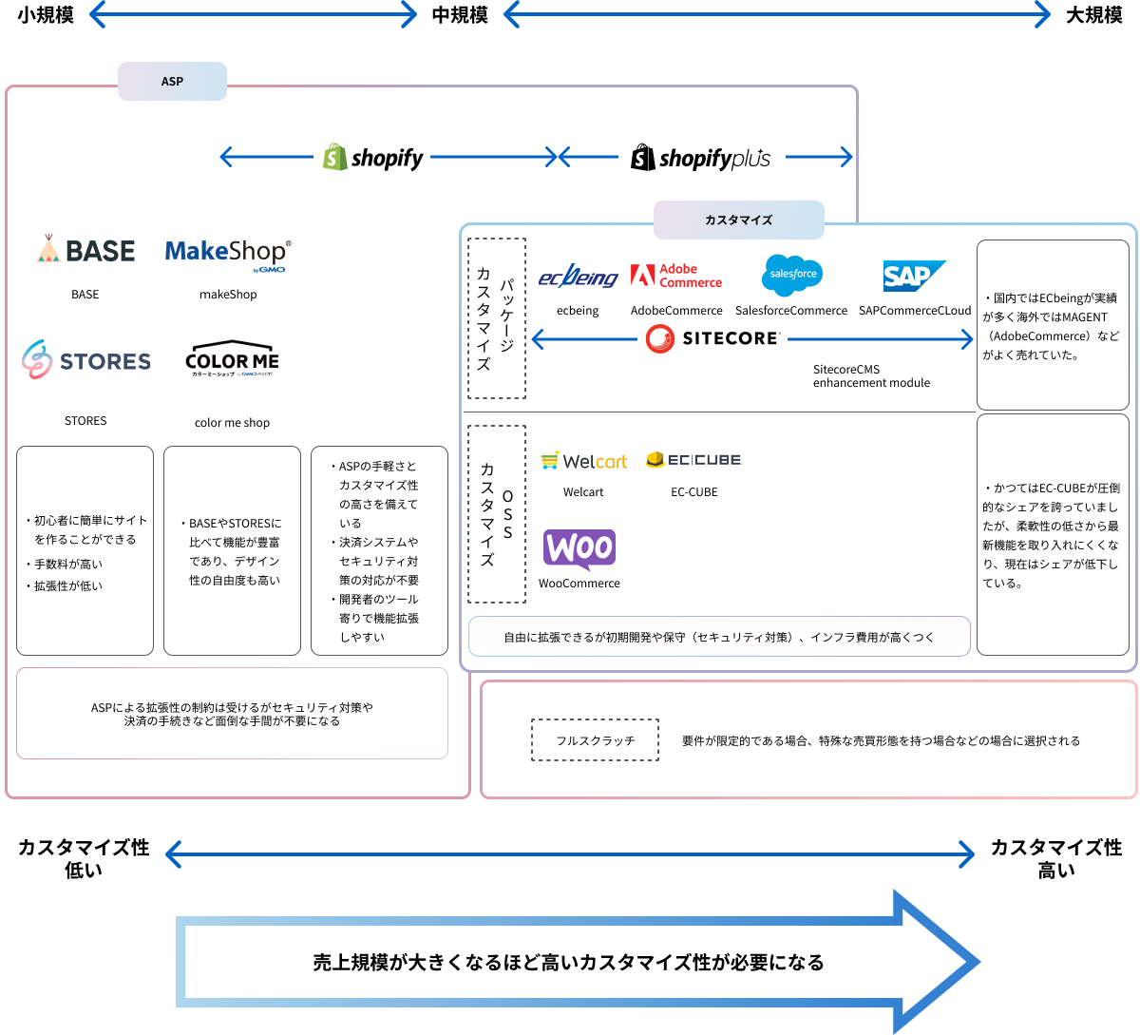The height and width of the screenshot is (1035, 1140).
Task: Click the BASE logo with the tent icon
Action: click(85, 250)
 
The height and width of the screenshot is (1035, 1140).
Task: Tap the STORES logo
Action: click(86, 360)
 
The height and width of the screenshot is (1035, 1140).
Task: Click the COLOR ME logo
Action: click(232, 360)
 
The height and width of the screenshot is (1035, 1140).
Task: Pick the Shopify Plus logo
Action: click(701, 158)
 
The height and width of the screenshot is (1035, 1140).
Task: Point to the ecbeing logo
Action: click(578, 277)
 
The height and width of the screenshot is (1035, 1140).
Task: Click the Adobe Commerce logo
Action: click(676, 276)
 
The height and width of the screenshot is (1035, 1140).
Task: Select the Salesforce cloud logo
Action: click(791, 275)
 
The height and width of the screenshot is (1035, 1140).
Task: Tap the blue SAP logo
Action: click(913, 276)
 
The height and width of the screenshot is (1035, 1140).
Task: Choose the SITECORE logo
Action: click(712, 338)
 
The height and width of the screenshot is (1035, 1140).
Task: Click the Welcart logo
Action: click(583, 461)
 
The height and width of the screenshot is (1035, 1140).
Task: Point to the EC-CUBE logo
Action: click(693, 460)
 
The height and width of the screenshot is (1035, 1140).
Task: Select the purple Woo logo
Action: click(579, 549)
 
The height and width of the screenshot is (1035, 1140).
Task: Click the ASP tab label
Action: click(172, 82)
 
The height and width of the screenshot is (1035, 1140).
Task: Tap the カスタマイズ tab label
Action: click(738, 220)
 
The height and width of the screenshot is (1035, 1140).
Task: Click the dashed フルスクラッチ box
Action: click(595, 740)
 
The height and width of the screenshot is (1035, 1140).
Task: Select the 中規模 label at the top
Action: click(460, 15)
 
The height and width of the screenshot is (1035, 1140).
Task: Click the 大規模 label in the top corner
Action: click(1093, 15)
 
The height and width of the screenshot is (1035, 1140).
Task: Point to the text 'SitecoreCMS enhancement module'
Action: click(871, 376)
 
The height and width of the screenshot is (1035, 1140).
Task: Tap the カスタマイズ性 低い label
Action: click(84, 858)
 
